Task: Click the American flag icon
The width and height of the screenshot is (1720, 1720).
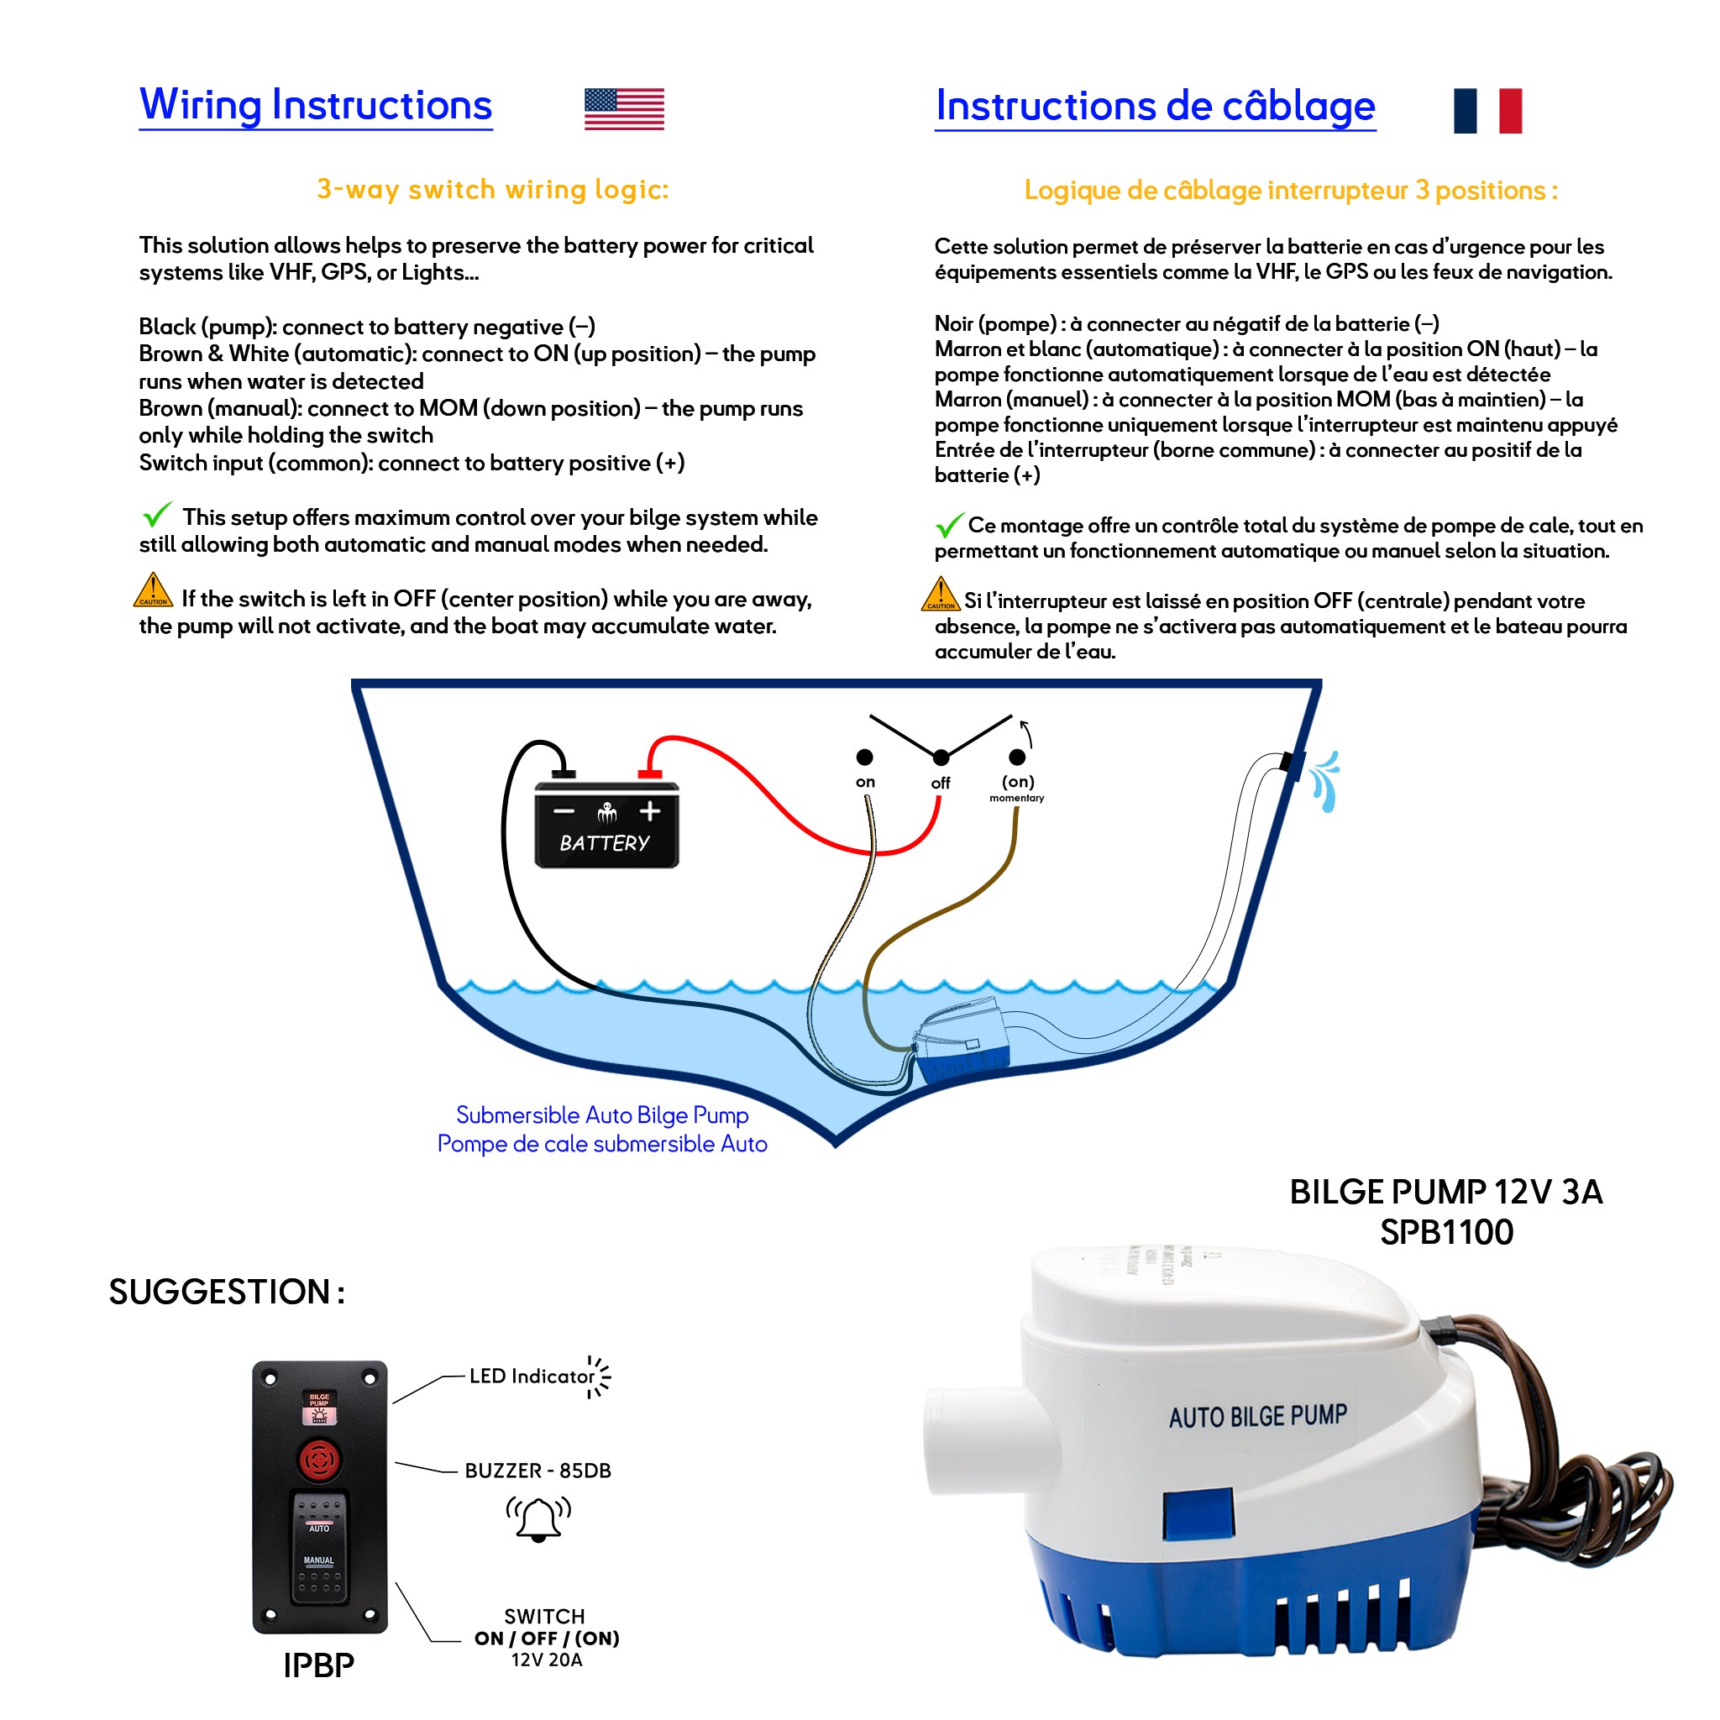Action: [x=623, y=109]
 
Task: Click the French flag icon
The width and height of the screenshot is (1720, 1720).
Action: [x=1487, y=110]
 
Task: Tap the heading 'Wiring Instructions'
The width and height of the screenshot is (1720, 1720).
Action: [x=315, y=104]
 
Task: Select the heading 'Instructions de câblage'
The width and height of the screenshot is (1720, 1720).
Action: [x=1155, y=105]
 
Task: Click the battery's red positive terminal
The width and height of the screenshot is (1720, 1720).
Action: [x=650, y=773]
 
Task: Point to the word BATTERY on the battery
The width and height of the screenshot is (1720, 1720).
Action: [x=605, y=842]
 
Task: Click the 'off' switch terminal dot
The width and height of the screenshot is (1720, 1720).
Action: [x=941, y=758]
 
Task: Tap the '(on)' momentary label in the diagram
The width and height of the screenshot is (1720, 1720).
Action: [x=1018, y=782]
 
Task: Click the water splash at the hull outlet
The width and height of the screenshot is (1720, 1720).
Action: [x=1325, y=781]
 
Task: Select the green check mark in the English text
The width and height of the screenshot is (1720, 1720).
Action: [x=157, y=515]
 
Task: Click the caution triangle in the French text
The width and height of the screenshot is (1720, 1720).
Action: [x=940, y=594]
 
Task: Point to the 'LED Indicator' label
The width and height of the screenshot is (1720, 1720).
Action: [x=532, y=1377]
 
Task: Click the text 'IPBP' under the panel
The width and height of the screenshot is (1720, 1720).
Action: [x=318, y=1665]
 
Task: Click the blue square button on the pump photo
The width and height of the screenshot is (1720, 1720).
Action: [x=1198, y=1513]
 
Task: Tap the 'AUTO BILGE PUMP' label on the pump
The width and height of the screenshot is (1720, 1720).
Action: [x=1257, y=1417]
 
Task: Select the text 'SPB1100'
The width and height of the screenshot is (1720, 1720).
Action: [x=1446, y=1232]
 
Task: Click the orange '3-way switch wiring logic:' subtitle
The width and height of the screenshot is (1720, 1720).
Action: [x=492, y=190]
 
